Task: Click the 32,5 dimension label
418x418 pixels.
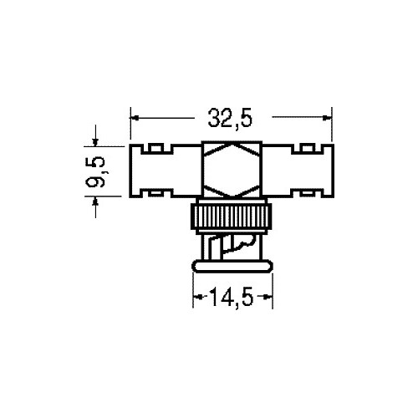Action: [x=230, y=118]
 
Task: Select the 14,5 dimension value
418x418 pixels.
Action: [x=232, y=297]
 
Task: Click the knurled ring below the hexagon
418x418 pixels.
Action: [x=232, y=217]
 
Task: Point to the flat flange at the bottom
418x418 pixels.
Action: [x=232, y=266]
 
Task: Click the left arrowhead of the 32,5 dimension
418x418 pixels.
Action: [x=135, y=118]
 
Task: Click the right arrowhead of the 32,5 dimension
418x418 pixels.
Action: [x=328, y=118]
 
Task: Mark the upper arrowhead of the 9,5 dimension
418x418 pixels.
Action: [x=95, y=142]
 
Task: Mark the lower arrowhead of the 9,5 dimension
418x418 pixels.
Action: [x=95, y=201]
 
